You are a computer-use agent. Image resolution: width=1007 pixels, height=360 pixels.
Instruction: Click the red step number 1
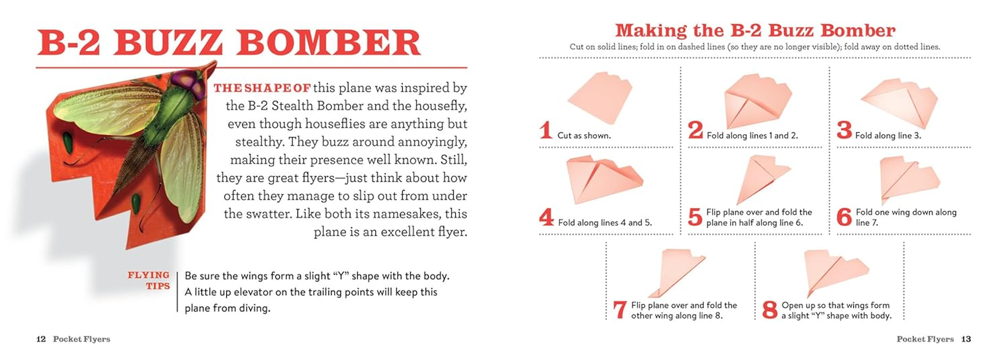tap(546, 130)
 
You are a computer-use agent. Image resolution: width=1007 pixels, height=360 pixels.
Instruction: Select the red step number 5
tap(695, 217)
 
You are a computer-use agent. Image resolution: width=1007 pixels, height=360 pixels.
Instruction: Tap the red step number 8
tap(770, 310)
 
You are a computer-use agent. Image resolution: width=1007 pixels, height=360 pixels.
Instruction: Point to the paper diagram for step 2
tap(757, 101)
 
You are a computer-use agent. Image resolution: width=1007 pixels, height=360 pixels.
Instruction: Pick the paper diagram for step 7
tap(677, 272)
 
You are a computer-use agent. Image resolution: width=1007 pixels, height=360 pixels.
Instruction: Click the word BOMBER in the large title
tap(328, 43)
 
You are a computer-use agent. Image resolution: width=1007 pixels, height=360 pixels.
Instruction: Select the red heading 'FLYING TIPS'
tap(149, 280)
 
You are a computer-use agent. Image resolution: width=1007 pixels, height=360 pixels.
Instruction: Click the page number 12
tap(41, 339)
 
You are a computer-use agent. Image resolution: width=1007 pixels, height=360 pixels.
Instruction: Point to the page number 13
tap(966, 339)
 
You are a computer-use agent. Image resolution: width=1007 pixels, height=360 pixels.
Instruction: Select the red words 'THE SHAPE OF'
tap(262, 88)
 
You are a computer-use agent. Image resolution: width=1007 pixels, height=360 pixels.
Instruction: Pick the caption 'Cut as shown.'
tap(584, 135)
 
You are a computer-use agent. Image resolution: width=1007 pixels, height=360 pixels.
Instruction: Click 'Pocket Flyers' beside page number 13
tap(925, 339)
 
